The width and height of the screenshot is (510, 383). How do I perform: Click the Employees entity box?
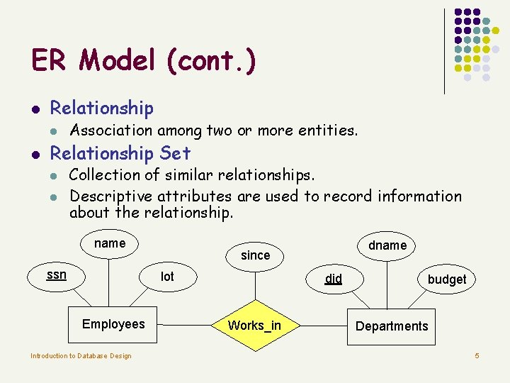113,325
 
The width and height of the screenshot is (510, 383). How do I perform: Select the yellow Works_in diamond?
254,326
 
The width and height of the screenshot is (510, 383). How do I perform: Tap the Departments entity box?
391,326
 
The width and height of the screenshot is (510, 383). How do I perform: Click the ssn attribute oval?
57,275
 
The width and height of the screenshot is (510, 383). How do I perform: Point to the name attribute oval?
110,244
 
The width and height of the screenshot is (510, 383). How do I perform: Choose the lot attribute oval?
167,277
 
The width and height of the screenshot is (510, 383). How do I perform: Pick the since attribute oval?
255,255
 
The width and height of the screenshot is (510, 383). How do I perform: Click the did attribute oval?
334,279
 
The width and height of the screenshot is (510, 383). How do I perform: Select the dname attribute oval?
387,245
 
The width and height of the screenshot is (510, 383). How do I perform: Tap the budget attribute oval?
446,279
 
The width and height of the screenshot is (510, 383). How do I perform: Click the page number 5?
477,355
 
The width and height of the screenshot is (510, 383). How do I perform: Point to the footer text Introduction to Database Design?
81,356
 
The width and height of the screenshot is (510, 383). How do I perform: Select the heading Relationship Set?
120,152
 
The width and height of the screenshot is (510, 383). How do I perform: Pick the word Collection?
106,174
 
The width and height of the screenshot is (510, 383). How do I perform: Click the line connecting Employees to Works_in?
186,325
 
